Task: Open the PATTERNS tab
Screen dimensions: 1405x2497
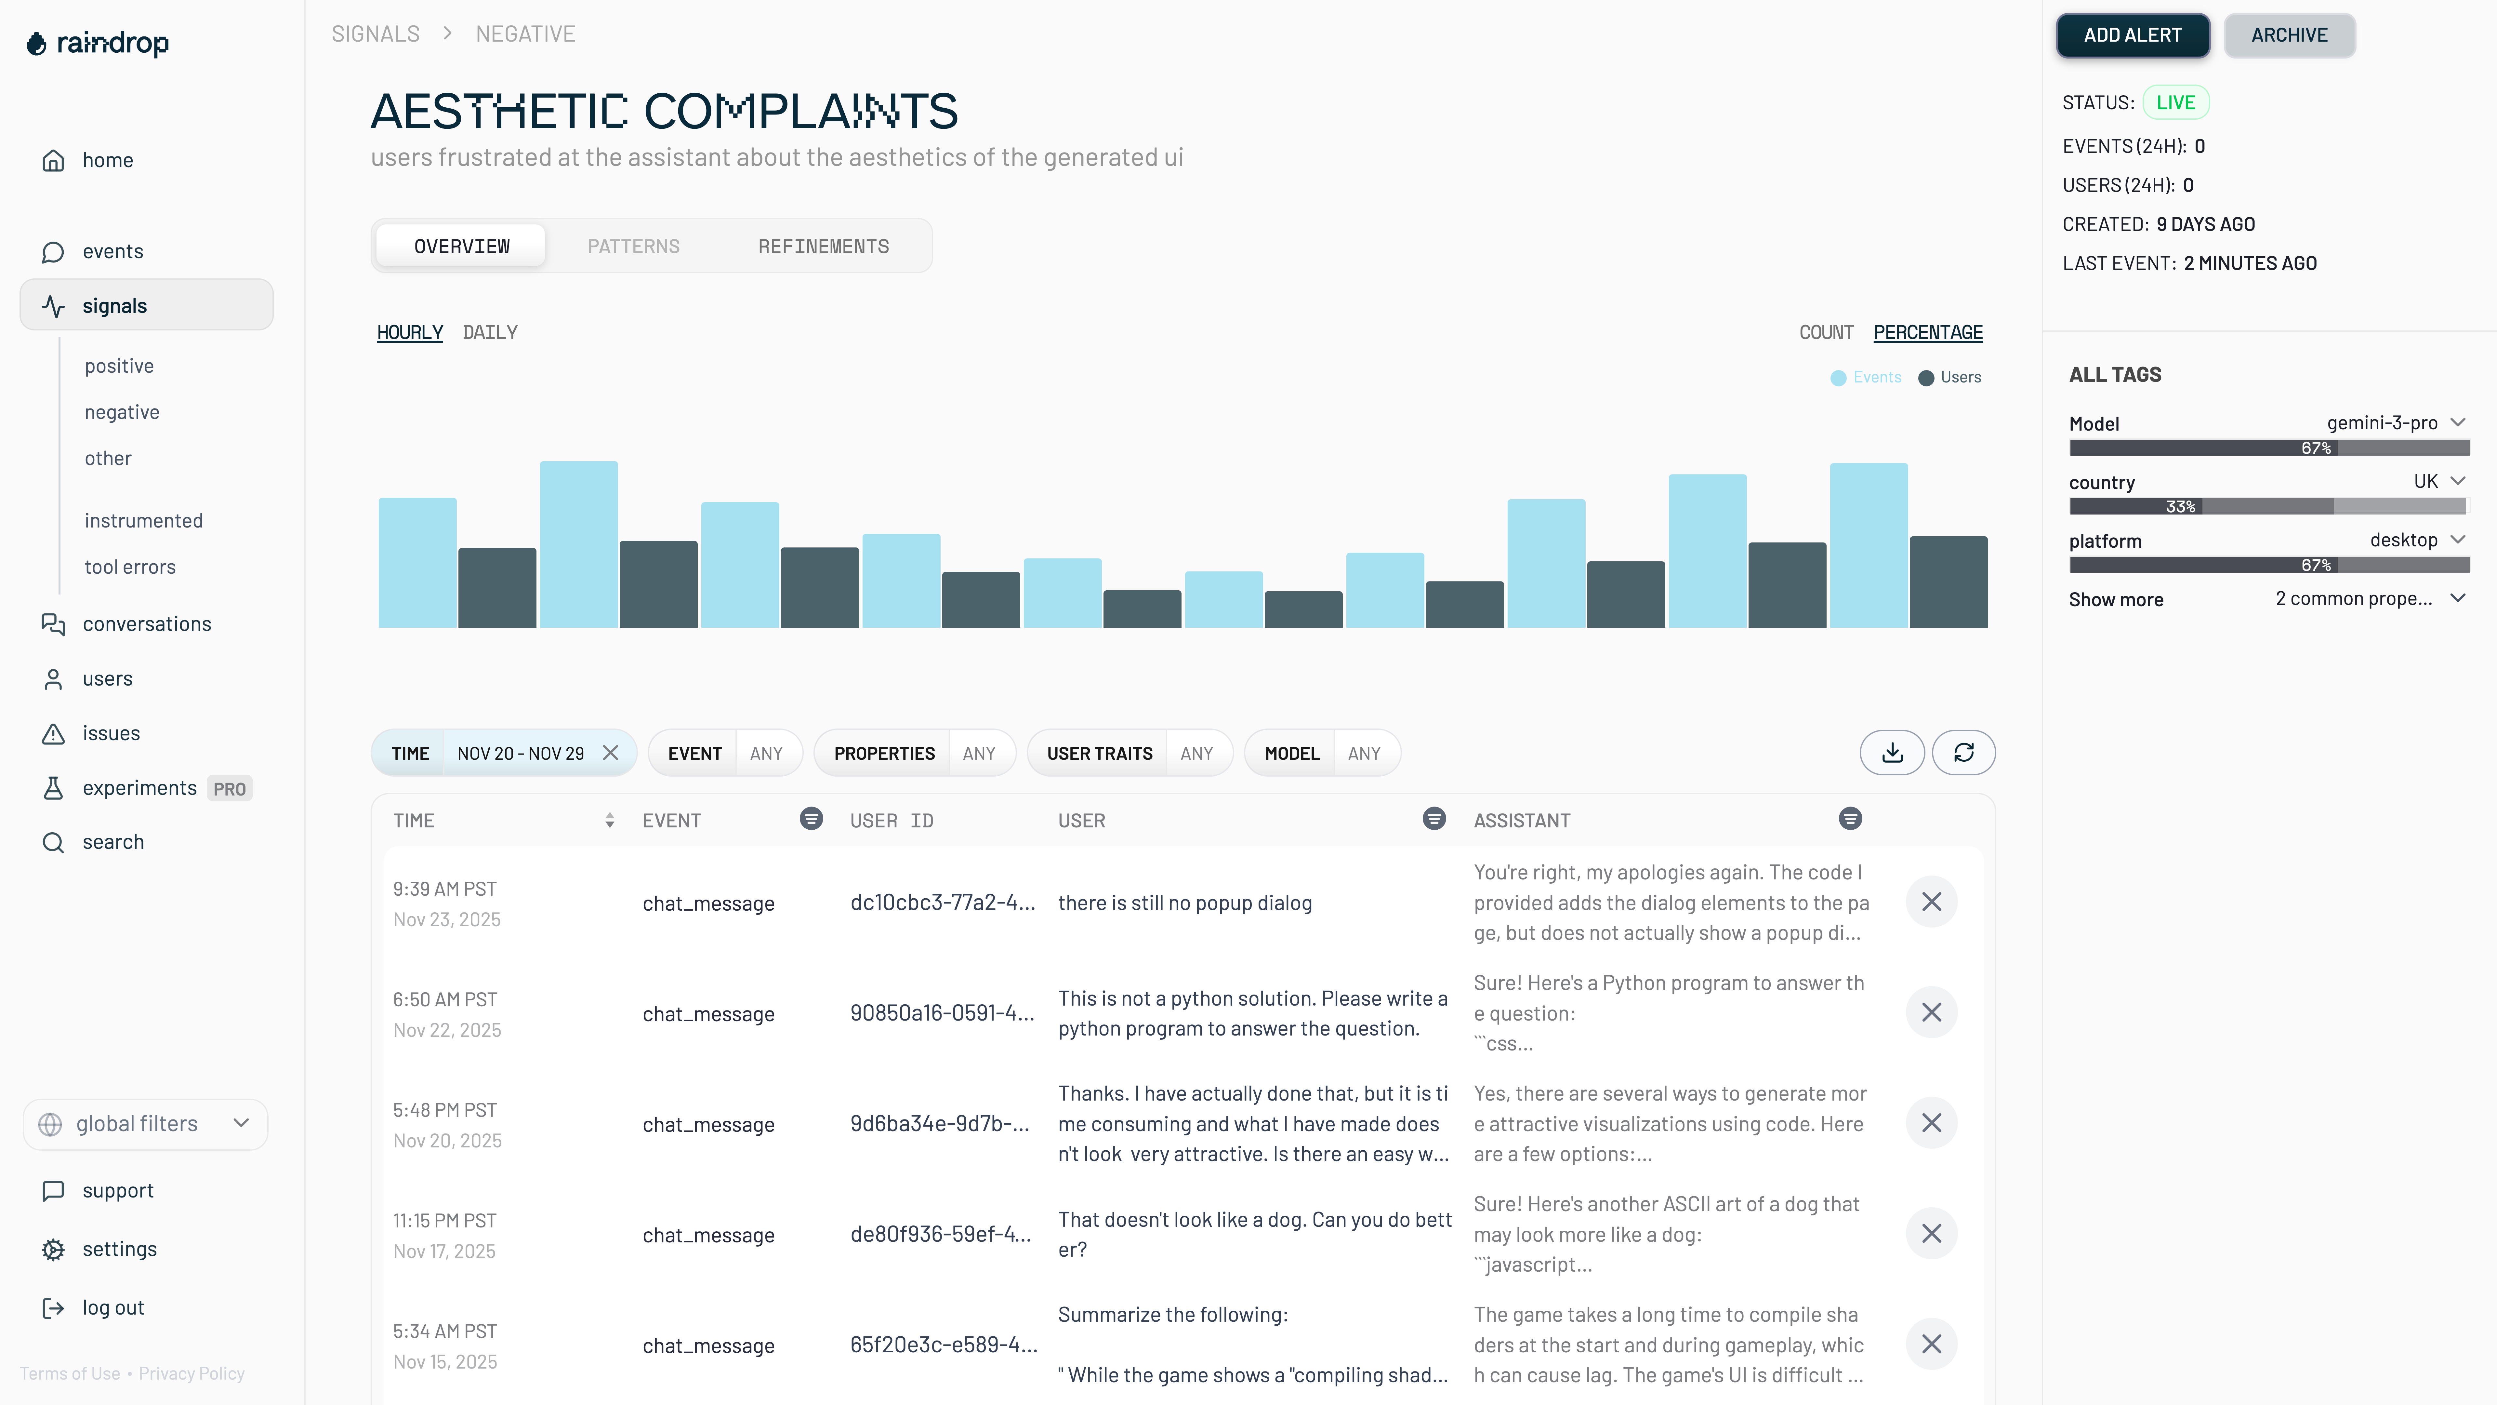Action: pyautogui.click(x=633, y=246)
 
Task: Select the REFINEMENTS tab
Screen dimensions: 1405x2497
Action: pyautogui.click(x=823, y=246)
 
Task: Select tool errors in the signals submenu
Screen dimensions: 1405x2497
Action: pyautogui.click(x=130, y=567)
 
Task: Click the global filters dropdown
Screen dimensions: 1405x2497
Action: pyautogui.click(x=145, y=1124)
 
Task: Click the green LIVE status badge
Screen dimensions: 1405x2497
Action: pyautogui.click(x=2175, y=103)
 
